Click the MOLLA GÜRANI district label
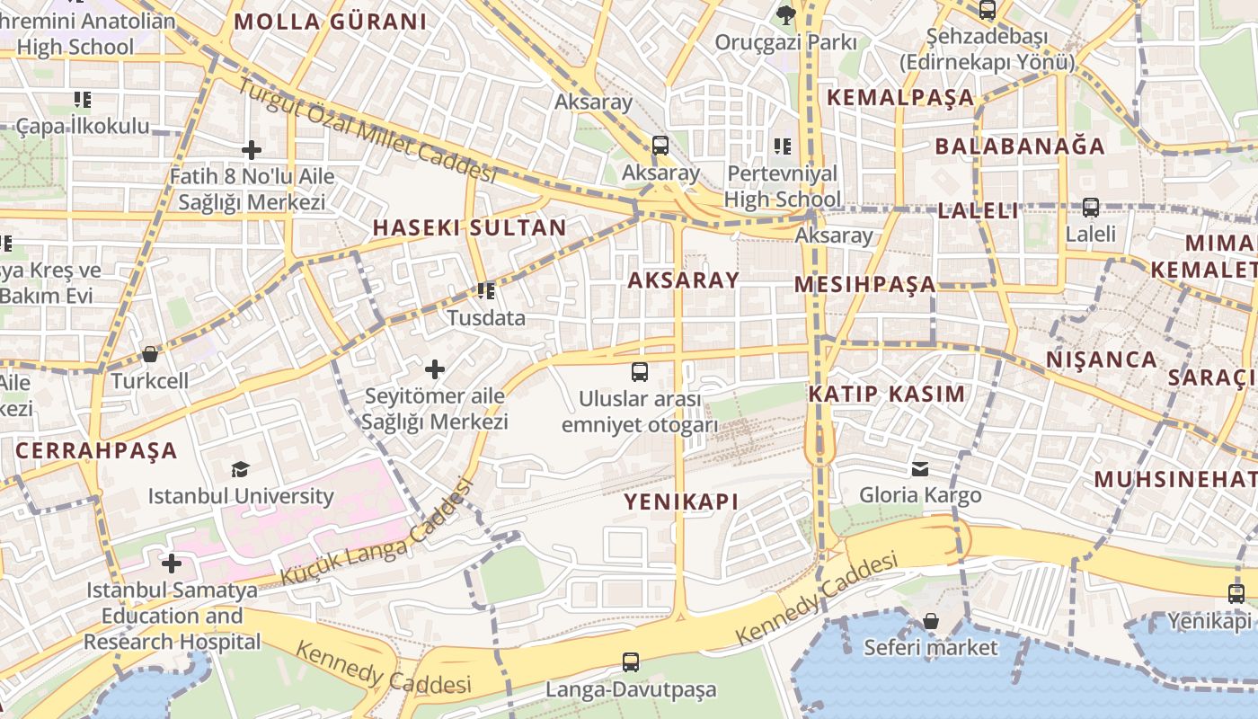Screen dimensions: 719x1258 tap(330, 22)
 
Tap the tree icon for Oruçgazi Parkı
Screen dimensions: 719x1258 tap(785, 13)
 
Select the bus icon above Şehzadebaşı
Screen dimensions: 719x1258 tap(987, 10)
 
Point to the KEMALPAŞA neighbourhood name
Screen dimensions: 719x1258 tap(900, 97)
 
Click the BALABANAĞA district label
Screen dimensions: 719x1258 tap(1020, 146)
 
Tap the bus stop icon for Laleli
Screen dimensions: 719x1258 tap(1090, 208)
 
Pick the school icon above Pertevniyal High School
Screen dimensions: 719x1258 tap(783, 146)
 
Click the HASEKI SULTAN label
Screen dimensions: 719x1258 tap(469, 227)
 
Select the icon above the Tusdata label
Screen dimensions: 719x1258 tap(486, 290)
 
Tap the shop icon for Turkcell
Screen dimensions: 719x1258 tap(150, 354)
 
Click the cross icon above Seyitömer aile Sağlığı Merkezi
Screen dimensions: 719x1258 tap(435, 368)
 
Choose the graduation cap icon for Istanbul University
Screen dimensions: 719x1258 tap(240, 469)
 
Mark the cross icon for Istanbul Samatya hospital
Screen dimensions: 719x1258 tap(171, 564)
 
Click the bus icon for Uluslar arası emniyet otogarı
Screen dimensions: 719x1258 tap(639, 371)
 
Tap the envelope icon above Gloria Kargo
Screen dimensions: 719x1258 tap(920, 468)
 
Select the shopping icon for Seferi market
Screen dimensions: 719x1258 tap(931, 621)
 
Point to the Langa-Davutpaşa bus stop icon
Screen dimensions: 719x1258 tap(631, 662)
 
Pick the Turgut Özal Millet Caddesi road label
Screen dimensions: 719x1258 tap(368, 129)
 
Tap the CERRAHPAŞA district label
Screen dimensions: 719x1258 tap(96, 450)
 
